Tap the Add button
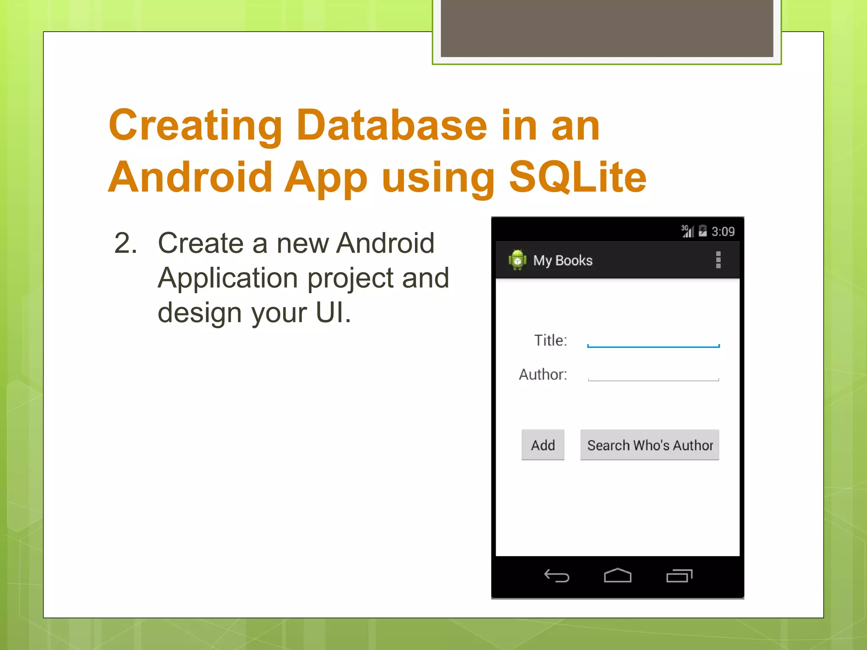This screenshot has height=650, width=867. click(543, 445)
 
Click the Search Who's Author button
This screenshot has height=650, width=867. click(649, 445)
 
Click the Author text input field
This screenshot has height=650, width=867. click(653, 374)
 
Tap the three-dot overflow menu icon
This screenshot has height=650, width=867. click(718, 260)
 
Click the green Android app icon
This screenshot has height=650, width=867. click(517, 260)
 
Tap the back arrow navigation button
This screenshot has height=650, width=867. click(556, 576)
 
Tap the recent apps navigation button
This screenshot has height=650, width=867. click(679, 576)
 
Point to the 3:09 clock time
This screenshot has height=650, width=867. click(723, 231)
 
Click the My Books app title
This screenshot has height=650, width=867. click(563, 260)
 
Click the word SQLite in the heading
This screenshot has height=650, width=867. click(577, 176)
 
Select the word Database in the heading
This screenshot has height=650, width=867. click(392, 125)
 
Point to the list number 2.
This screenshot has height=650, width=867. click(126, 243)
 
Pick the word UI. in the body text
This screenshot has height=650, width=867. click(334, 313)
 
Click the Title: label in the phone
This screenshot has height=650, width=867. click(550, 340)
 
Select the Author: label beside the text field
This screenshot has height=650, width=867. click(543, 375)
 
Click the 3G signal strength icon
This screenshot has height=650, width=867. click(687, 231)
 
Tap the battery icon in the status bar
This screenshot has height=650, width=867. click(703, 231)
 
